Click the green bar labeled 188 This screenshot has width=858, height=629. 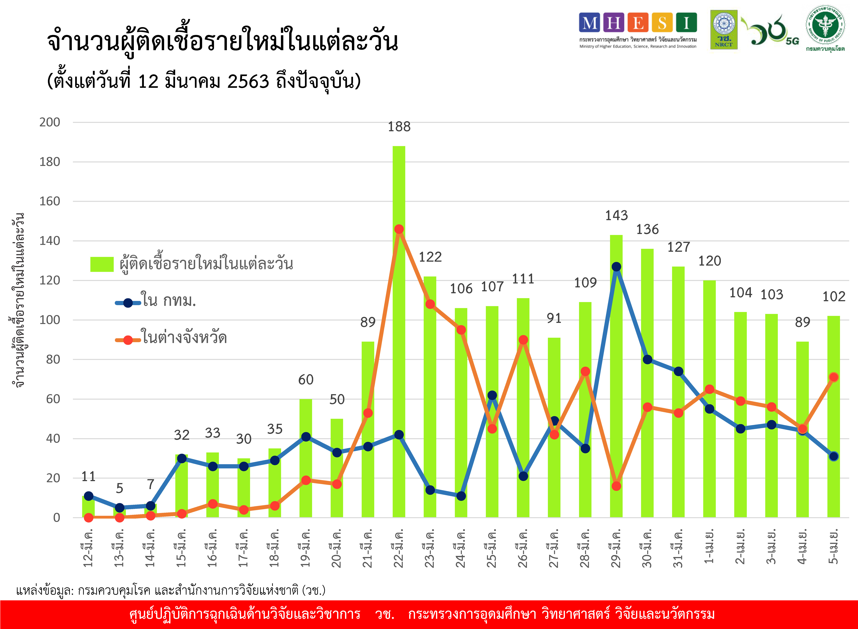coord(399,331)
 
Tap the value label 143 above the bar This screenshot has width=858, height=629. coord(616,216)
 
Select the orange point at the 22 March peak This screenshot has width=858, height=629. coord(399,229)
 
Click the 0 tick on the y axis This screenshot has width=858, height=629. coord(56,517)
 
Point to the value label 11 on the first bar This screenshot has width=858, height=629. coord(88,476)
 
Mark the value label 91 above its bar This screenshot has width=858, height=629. coord(554,318)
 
